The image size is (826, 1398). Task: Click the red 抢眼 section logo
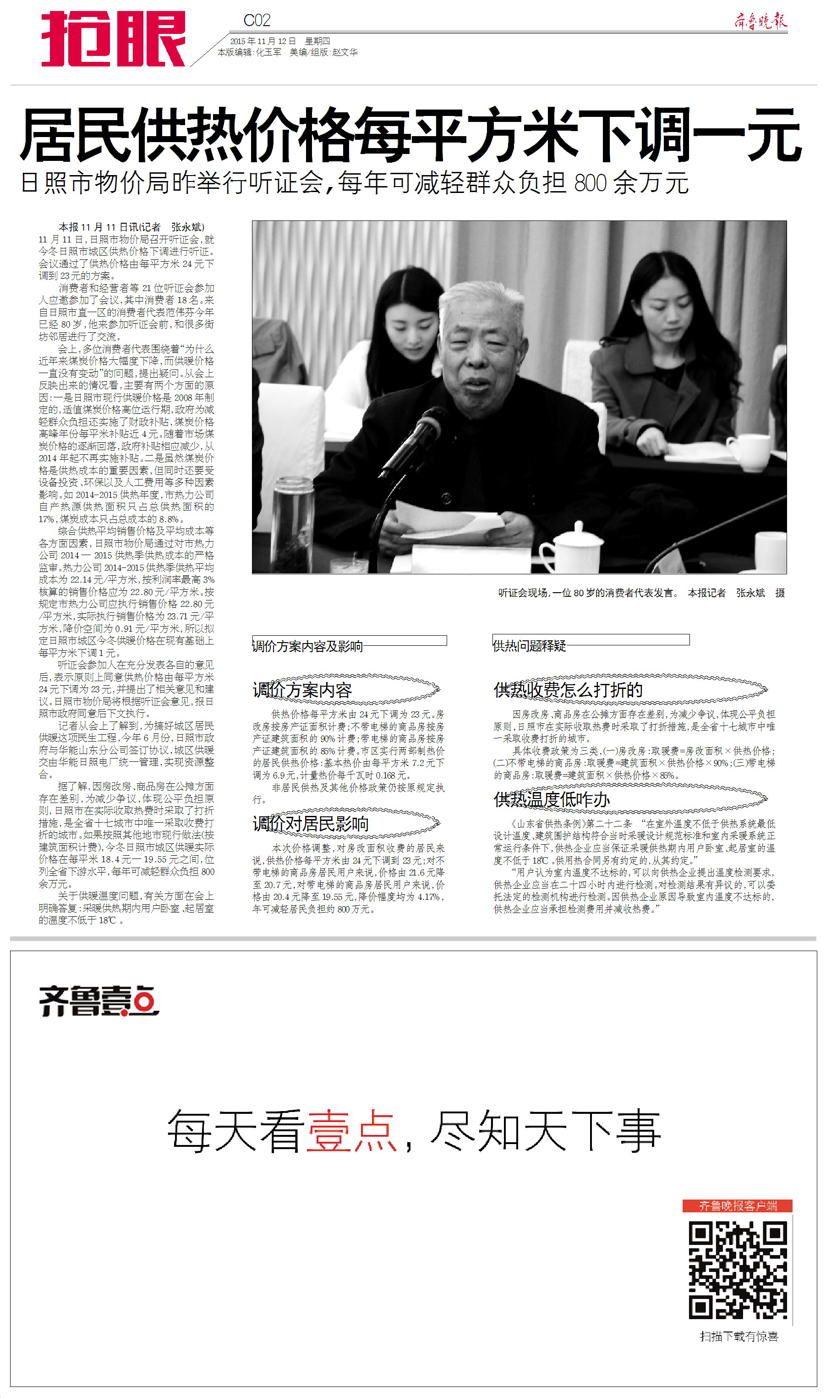coord(113,39)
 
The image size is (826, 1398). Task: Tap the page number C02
coord(257,21)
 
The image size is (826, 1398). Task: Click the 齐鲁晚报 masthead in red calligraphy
coord(760,21)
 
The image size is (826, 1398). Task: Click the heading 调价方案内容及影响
coord(308,646)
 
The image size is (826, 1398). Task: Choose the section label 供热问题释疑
coord(529,645)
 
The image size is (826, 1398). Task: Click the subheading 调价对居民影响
coord(311,823)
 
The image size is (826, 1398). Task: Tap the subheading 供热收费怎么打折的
coord(568,690)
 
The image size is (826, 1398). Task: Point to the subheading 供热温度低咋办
coord(552,799)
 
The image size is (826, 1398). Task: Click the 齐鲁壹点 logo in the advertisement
coord(99,1001)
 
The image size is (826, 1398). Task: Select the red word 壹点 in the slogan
coord(350,1131)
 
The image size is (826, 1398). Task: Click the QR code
coord(737,1270)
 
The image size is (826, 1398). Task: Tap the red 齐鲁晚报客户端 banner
coord(738,1205)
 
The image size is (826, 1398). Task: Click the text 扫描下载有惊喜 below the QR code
coord(738,1336)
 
